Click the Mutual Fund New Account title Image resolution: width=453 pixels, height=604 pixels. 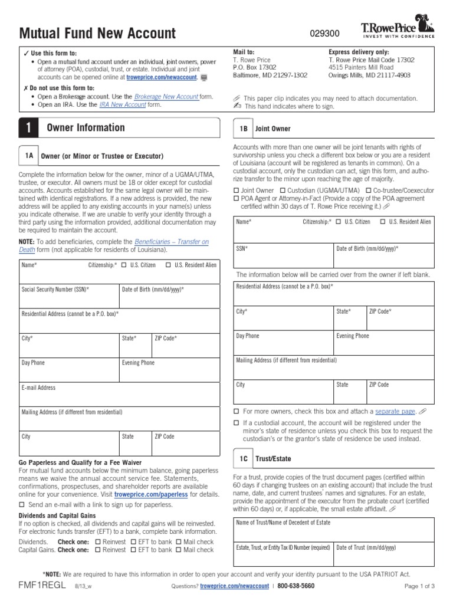tap(97, 34)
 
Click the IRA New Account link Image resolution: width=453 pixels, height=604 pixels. tap(122, 104)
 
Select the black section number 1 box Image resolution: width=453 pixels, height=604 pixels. tap(28, 128)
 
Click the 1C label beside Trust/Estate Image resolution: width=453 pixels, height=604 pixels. tap(243, 458)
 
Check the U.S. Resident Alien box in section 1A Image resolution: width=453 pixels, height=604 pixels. tap(169, 265)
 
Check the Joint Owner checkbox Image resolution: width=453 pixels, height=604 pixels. tap(237, 191)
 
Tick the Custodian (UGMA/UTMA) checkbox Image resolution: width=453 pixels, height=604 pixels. tap(283, 191)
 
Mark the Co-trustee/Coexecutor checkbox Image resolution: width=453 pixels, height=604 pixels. tap(369, 191)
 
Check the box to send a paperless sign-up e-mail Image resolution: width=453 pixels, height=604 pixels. tap(22, 505)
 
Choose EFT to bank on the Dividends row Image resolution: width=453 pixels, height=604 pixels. tap(133, 541)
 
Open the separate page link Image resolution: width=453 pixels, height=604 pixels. tap(395, 411)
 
